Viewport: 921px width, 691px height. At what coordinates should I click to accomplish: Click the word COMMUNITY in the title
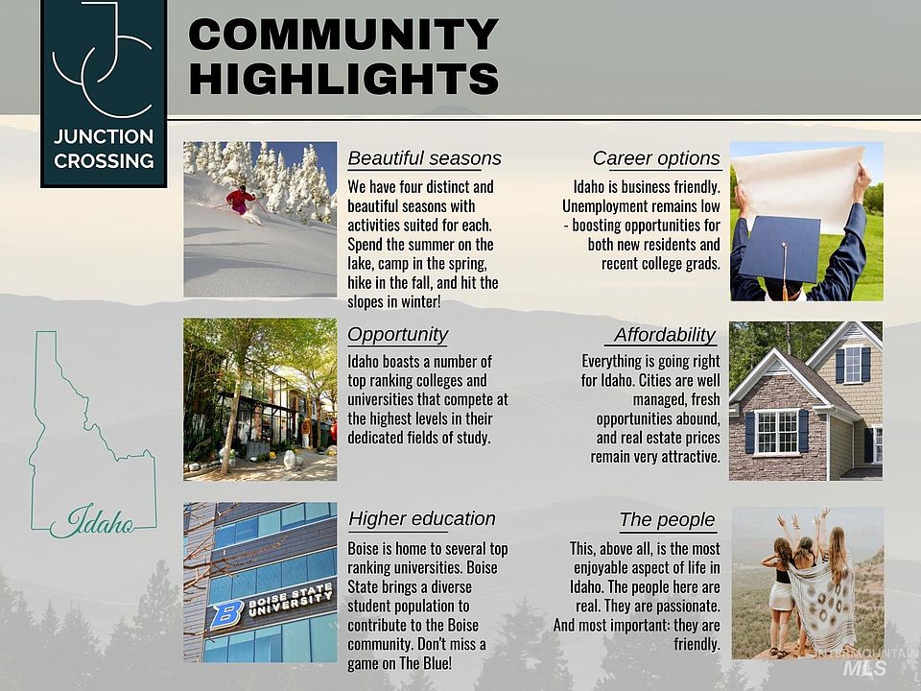click(x=343, y=35)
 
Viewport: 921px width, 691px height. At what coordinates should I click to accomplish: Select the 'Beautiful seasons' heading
click(x=424, y=158)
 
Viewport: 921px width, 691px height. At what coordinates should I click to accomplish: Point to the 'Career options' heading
click(x=656, y=158)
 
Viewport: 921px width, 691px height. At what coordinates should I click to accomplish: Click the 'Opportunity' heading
click(x=397, y=335)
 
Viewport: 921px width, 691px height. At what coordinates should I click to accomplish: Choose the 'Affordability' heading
click(x=664, y=334)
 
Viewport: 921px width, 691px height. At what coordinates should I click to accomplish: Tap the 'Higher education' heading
click(x=422, y=518)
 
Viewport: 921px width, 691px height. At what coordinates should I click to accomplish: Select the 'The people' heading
click(x=668, y=519)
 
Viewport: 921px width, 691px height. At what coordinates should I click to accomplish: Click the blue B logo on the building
click(x=226, y=614)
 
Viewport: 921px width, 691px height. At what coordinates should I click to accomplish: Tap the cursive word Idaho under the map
click(x=93, y=520)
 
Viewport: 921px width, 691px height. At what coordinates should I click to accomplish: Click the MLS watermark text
click(x=864, y=668)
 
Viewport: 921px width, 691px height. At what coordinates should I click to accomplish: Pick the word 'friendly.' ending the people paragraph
click(x=697, y=644)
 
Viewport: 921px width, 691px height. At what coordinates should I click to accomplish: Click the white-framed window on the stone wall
click(x=777, y=432)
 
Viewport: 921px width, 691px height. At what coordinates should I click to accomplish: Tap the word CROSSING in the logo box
click(x=104, y=161)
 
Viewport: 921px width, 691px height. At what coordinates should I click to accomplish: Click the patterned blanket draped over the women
click(x=823, y=599)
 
